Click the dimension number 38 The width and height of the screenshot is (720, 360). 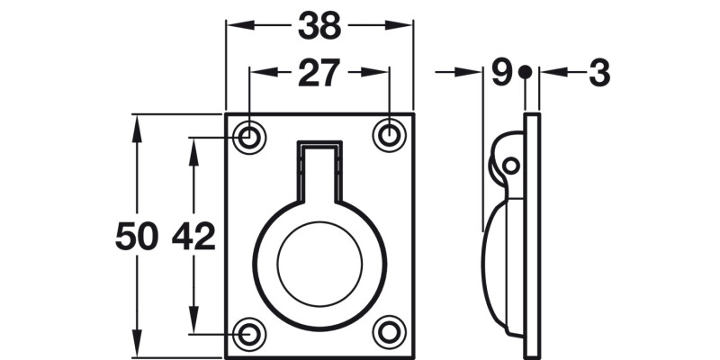[319, 26]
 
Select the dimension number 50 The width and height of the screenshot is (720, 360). [137, 238]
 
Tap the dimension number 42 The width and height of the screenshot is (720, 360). [193, 238]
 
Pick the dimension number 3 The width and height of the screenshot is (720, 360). [599, 73]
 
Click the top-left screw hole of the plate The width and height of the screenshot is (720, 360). [249, 137]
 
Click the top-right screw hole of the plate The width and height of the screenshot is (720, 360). [389, 135]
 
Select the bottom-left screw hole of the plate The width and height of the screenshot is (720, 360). [249, 333]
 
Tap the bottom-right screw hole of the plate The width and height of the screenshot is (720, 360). [389, 331]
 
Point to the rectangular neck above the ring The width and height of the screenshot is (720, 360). [319, 171]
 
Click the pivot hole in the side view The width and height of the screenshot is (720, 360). [510, 166]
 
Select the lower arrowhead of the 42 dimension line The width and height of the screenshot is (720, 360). [193, 325]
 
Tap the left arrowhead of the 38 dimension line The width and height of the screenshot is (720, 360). [234, 26]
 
